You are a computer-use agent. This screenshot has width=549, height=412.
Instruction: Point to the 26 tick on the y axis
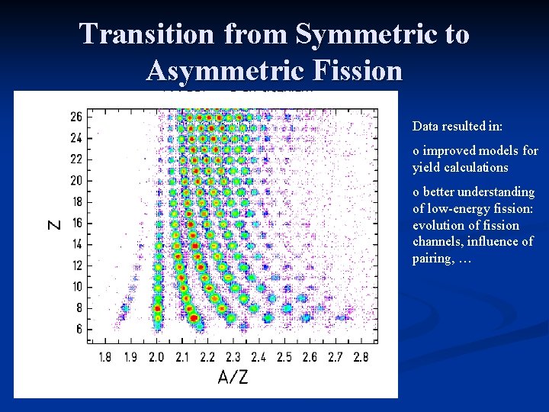(x=76, y=117)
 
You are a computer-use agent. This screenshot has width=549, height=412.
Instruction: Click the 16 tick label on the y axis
(x=76, y=223)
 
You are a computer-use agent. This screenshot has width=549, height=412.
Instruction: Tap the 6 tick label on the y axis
(x=79, y=329)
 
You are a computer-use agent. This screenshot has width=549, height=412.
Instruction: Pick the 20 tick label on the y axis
(x=76, y=181)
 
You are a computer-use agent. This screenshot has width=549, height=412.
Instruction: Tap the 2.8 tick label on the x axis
(x=361, y=357)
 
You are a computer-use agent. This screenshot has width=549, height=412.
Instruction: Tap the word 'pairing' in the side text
(x=435, y=259)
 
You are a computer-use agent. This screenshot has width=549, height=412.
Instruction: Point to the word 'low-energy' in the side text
(x=457, y=209)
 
